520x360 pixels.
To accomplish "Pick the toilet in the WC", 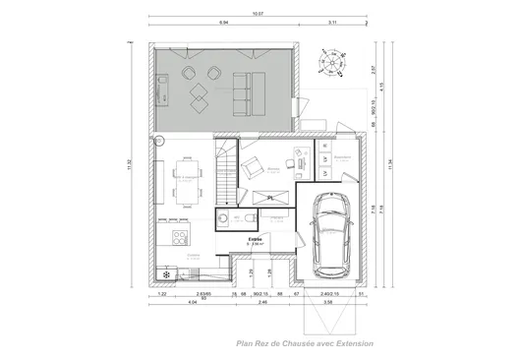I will coord(225,219).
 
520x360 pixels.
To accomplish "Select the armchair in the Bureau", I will coord(253,165).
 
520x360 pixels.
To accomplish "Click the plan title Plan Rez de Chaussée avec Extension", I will coord(292,343).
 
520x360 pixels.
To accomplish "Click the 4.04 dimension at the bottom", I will coord(193,302).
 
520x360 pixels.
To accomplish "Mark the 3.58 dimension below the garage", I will coord(329,302).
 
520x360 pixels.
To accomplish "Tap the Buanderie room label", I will coord(342,156).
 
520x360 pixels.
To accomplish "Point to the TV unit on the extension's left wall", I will coord(164,90).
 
